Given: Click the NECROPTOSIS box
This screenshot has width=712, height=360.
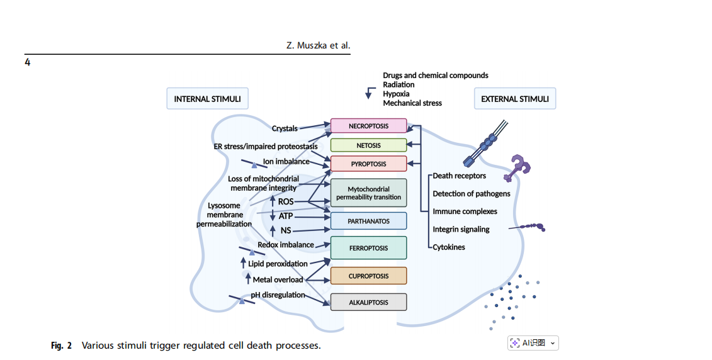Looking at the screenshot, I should click(x=368, y=126).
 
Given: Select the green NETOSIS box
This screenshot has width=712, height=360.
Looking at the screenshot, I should click(x=368, y=145).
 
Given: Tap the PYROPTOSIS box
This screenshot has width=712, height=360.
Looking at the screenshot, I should click(x=368, y=164).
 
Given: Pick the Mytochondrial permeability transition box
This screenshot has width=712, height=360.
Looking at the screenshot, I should click(x=368, y=193).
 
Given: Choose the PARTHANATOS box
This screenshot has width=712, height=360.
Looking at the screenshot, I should click(x=368, y=222).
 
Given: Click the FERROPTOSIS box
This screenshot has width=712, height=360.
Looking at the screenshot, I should click(x=368, y=248).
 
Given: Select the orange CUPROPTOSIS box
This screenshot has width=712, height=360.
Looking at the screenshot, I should click(x=368, y=276).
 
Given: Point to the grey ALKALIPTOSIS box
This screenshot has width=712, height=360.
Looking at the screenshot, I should click(x=368, y=302).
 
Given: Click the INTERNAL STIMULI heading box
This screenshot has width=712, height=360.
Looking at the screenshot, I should click(x=207, y=99).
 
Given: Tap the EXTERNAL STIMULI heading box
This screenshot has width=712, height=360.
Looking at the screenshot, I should click(x=514, y=99).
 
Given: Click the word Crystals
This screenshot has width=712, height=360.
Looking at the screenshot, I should click(x=285, y=129).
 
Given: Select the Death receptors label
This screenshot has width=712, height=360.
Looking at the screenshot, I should click(x=459, y=176).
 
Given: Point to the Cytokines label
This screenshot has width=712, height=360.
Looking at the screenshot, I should click(x=449, y=247).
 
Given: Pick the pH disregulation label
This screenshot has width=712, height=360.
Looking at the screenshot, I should click(x=278, y=295).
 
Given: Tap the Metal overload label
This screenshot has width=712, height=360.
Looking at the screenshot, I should click(x=278, y=279).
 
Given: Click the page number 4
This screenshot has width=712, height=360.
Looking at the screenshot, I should click(x=28, y=62).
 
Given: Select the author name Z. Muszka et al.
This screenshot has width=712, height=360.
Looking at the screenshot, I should click(x=318, y=45).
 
